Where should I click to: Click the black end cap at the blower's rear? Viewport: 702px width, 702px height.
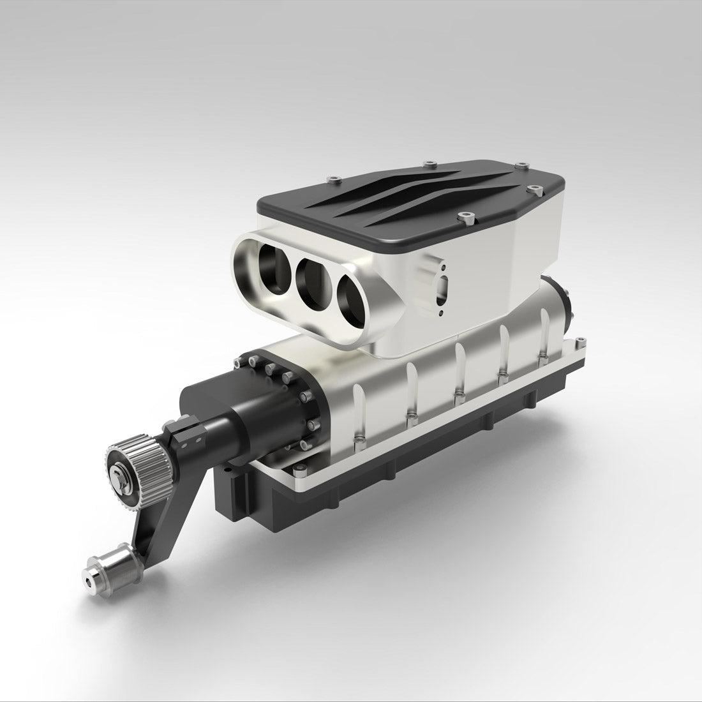click(x=565, y=300)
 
